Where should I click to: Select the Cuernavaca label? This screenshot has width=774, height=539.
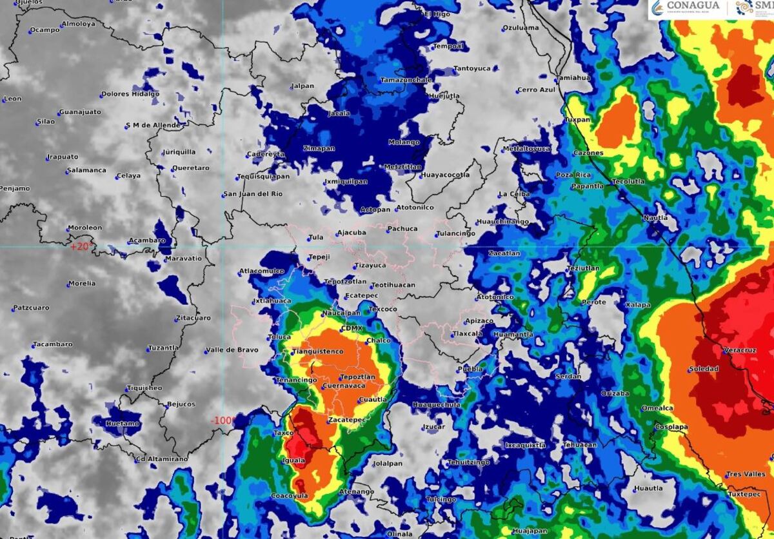pyautogui.click(x=343, y=386)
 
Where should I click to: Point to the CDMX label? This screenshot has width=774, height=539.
pyautogui.click(x=352, y=328)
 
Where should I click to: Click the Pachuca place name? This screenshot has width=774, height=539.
pyautogui.click(x=402, y=228)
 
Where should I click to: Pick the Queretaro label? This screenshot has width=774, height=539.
pyautogui.click(x=190, y=168)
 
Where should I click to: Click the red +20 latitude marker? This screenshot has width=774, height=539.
pyautogui.click(x=82, y=246)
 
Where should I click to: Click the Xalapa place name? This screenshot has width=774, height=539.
pyautogui.click(x=638, y=304)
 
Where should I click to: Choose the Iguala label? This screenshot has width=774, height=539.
pyautogui.click(x=294, y=460)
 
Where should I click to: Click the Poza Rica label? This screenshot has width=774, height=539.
pyautogui.click(x=573, y=175)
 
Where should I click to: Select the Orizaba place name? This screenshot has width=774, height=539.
pyautogui.click(x=615, y=393)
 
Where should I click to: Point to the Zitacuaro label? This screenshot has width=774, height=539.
pyautogui.click(x=193, y=318)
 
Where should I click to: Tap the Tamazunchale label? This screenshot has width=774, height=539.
pyautogui.click(x=405, y=80)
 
